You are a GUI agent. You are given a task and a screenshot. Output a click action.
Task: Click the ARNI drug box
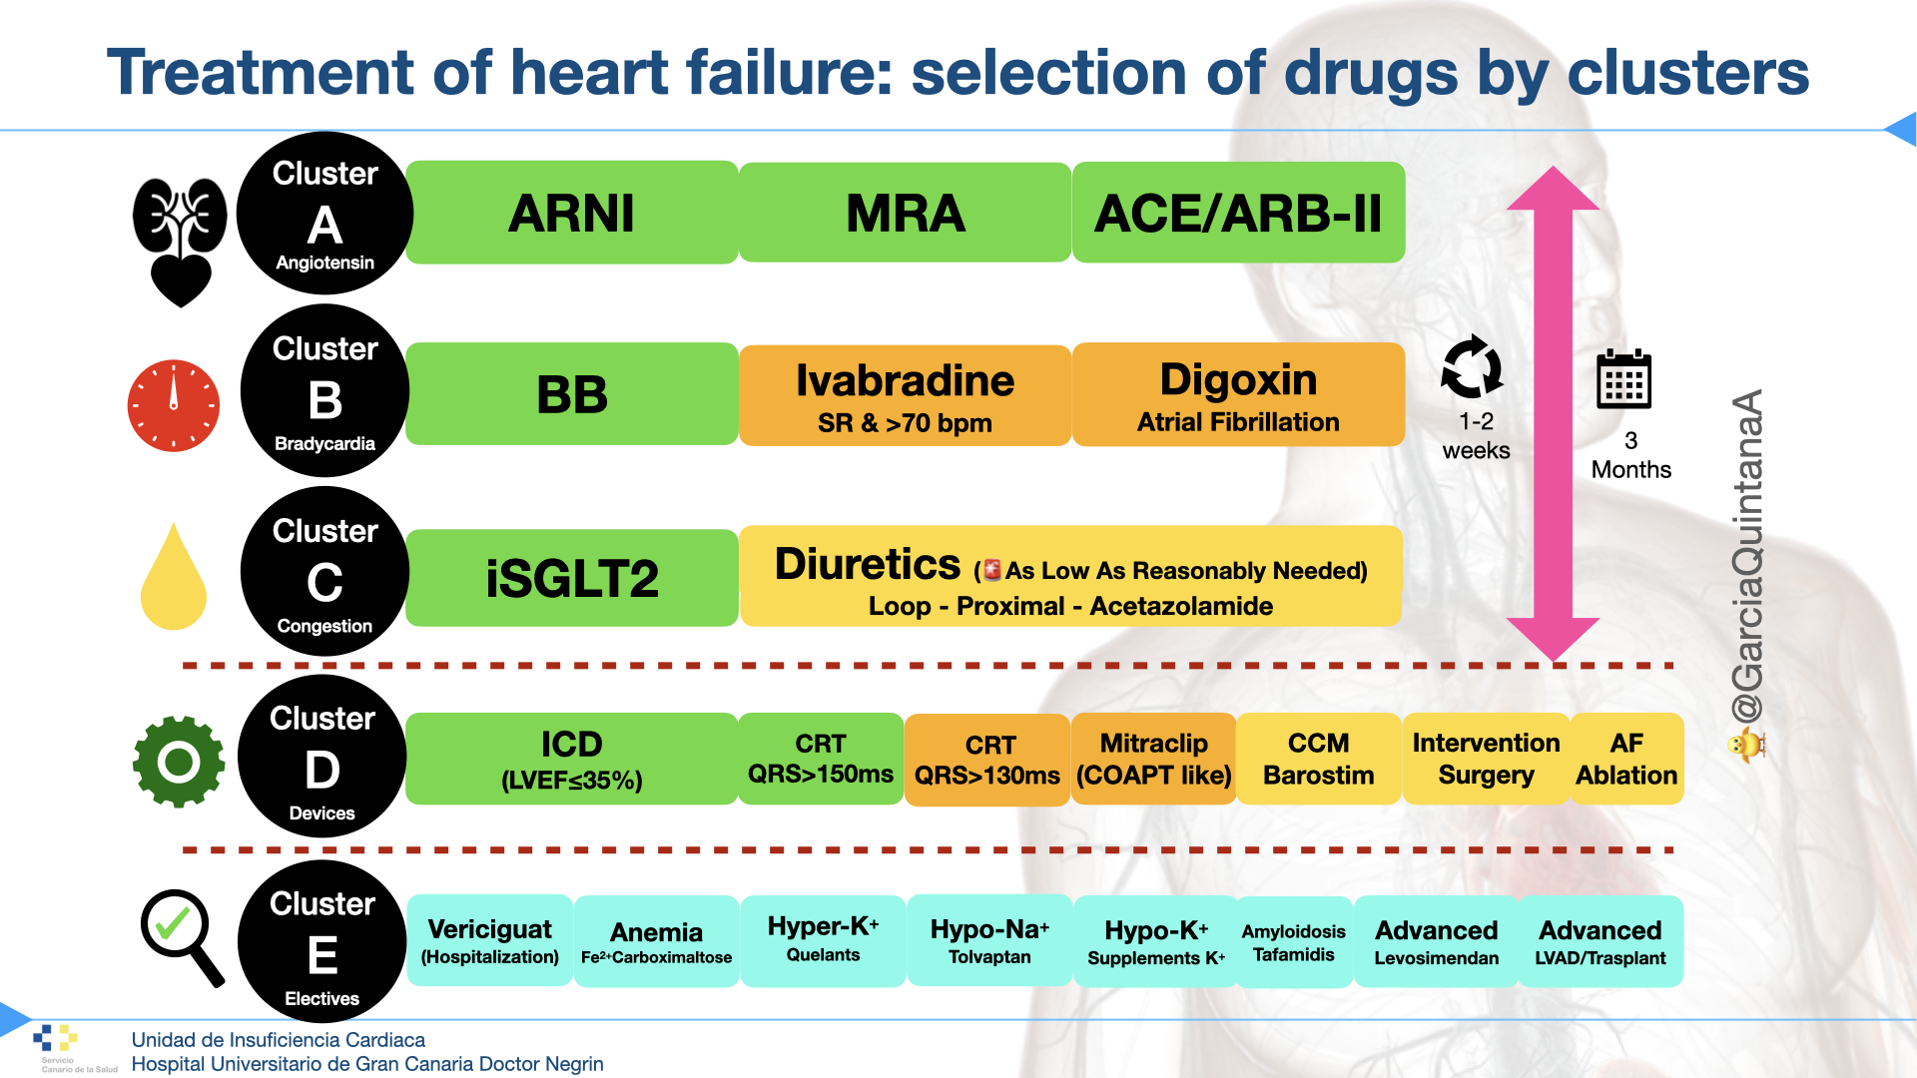coord(571,213)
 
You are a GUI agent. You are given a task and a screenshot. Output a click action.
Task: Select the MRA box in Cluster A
coord(905,213)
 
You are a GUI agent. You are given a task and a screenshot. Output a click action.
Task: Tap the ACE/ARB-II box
coord(1238,213)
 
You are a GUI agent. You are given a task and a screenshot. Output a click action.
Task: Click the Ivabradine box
coord(905,395)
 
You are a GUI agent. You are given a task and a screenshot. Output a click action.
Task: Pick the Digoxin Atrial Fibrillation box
coord(1238,395)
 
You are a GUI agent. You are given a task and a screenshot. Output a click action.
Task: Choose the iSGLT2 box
coord(571,578)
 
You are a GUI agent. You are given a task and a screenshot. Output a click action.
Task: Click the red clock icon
coord(174,405)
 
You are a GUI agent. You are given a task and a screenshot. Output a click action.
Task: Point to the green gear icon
coord(179,762)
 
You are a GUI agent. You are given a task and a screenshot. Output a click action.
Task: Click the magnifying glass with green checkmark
coord(180,935)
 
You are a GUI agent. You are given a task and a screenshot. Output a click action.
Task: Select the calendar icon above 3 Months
coord(1623,379)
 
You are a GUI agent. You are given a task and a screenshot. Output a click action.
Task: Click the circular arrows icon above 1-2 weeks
coord(1471,367)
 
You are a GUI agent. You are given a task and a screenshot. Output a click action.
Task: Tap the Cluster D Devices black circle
coord(322,759)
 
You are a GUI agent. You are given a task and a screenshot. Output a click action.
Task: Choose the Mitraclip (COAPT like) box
coord(1153,759)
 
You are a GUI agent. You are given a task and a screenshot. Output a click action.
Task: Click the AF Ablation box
coord(1626,759)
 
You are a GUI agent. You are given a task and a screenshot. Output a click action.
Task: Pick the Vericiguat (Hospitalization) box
coord(489,941)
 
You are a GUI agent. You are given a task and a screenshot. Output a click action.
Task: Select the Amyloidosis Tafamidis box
coord(1294,941)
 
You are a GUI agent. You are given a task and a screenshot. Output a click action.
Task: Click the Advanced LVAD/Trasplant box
coord(1599,941)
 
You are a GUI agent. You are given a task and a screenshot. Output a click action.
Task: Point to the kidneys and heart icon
coord(180,240)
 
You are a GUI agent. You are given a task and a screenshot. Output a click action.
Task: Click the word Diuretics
coord(867,565)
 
